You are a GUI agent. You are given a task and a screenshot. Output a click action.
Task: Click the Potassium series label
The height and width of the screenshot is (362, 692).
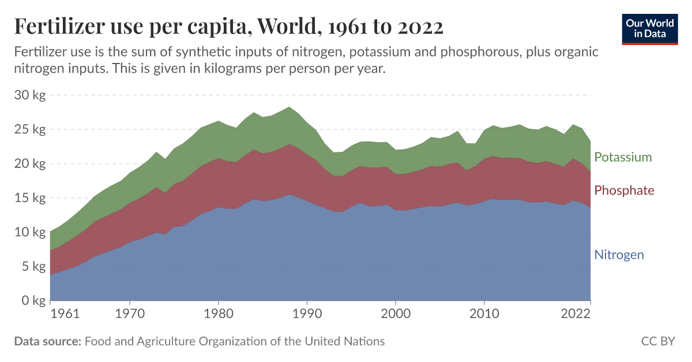pyautogui.click(x=623, y=157)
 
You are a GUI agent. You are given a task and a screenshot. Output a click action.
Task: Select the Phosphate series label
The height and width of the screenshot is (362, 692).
pyautogui.click(x=624, y=191)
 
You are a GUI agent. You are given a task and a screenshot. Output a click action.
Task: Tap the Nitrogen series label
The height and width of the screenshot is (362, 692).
pyautogui.click(x=619, y=255)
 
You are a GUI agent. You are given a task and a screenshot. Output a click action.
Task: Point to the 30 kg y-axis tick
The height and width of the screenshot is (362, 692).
pyautogui.click(x=29, y=95)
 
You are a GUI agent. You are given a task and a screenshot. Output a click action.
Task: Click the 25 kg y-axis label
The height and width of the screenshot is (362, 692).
pyautogui.click(x=29, y=129)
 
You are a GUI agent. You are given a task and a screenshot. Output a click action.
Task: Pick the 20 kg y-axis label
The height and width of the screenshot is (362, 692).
pyautogui.click(x=29, y=163)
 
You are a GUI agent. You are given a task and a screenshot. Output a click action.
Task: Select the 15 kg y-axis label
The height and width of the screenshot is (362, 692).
pyautogui.click(x=29, y=198)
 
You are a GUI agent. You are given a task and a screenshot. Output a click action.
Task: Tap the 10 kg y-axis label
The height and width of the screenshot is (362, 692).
pyautogui.click(x=29, y=232)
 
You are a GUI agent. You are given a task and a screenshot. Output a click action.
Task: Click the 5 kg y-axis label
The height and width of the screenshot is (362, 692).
pyautogui.click(x=32, y=266)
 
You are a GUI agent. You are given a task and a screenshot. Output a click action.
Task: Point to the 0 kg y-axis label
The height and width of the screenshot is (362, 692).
pyautogui.click(x=32, y=300)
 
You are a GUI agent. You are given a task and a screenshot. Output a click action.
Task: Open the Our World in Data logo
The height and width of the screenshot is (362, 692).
pyautogui.click(x=650, y=28)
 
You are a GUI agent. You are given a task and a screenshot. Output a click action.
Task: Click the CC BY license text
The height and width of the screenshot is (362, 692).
pyautogui.click(x=657, y=341)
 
